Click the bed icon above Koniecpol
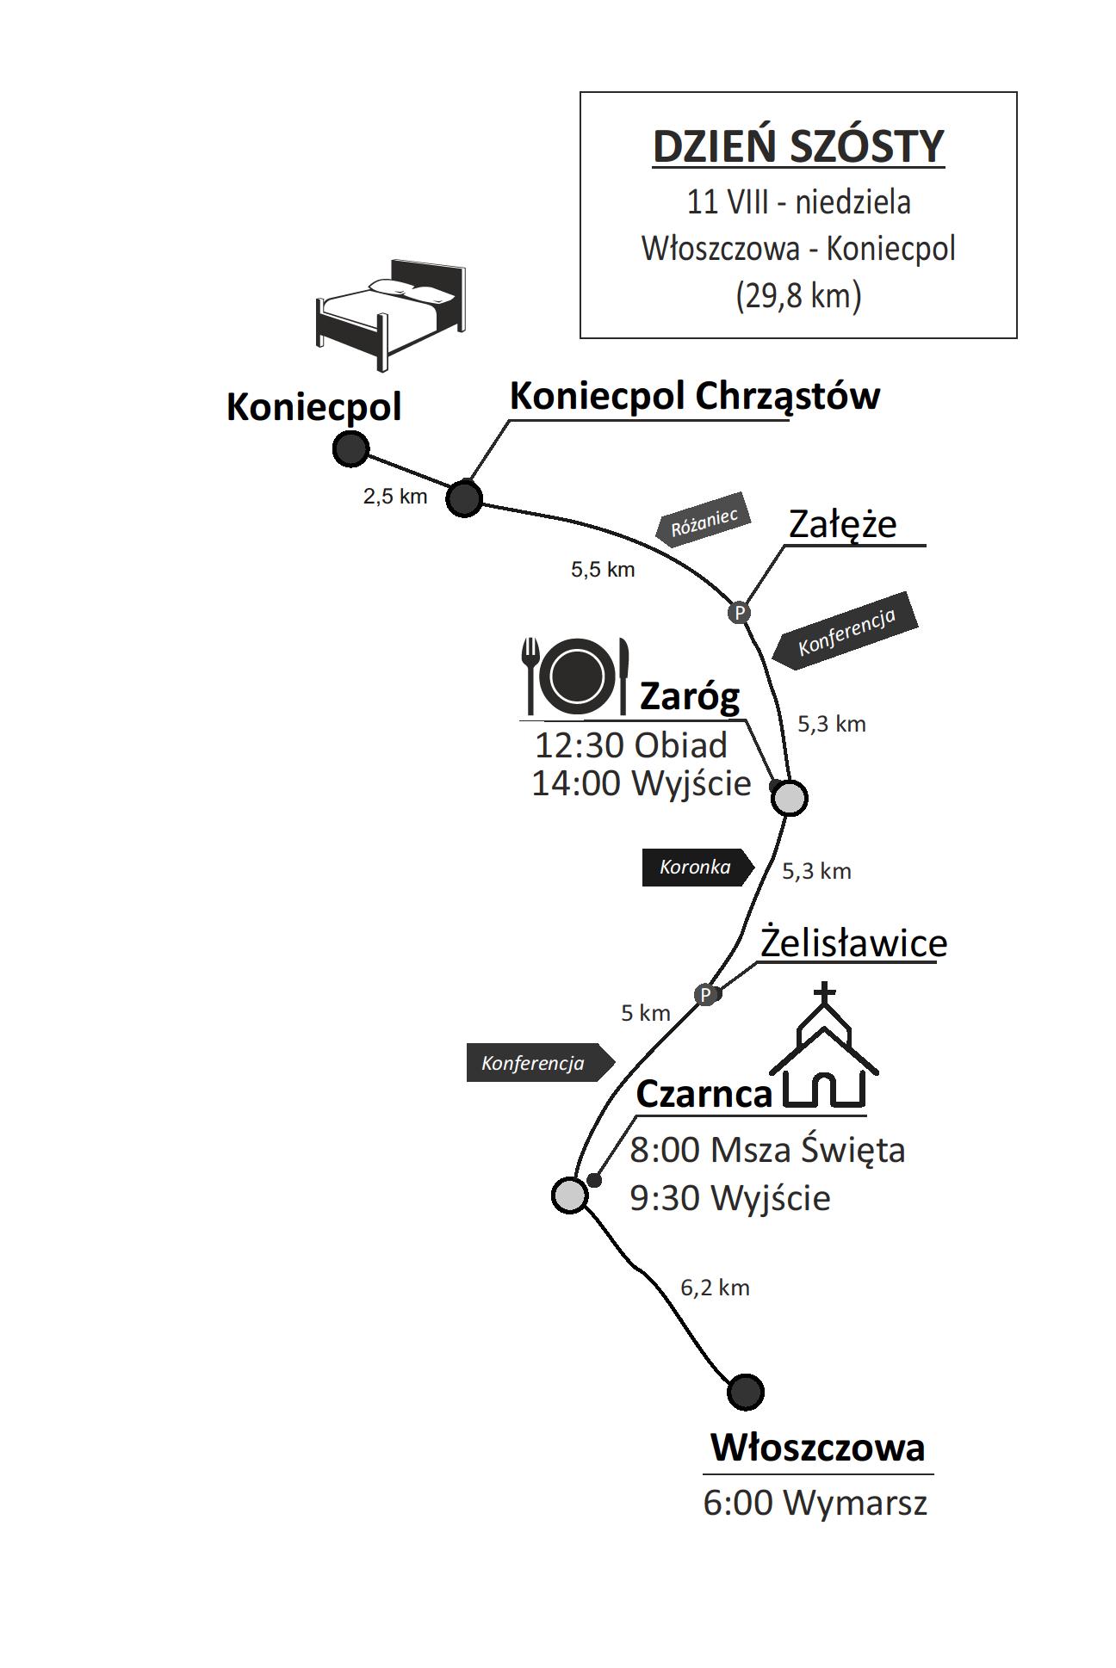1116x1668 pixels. pos(390,313)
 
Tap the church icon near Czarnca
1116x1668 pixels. pos(824,1049)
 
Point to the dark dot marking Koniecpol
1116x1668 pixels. pos(350,448)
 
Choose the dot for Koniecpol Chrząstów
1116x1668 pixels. pos(464,497)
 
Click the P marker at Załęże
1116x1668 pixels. pos(739,612)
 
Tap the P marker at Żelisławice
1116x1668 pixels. pos(705,995)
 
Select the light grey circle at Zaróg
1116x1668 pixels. pos(790,798)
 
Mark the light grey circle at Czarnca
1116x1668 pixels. pos(569,1194)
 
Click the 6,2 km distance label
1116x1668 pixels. pos(715,1288)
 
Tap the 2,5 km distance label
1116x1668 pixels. pos(395,496)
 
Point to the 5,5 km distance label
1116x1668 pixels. pos(603,569)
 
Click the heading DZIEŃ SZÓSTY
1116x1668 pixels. pos(798,146)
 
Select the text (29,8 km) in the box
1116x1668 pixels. pos(798,295)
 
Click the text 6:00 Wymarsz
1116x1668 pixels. pos(815,1503)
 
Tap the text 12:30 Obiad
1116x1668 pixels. pos(630,745)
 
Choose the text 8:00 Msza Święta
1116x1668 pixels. pos(767,1150)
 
